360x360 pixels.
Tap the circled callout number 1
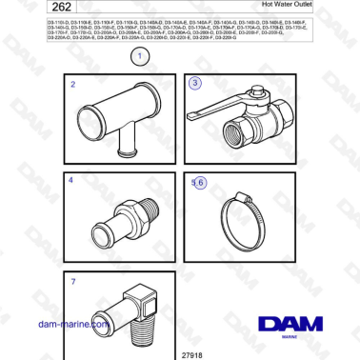[140, 57]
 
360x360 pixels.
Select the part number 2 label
[73, 85]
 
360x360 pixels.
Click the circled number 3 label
[195, 83]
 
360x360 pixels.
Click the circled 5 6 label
[197, 182]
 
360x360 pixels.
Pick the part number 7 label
[73, 281]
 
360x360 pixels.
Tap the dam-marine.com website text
[71, 324]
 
